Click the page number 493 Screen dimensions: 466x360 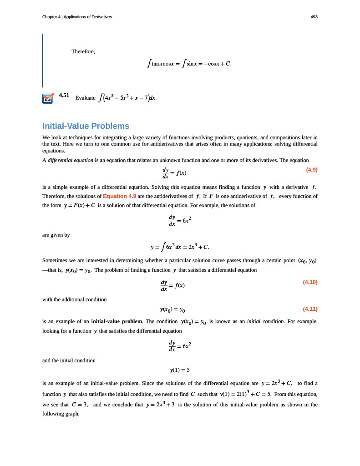click(x=314, y=17)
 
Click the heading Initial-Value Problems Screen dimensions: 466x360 click(x=86, y=126)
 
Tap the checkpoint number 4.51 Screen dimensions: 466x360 click(x=64, y=95)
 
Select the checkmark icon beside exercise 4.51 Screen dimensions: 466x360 click(x=48, y=98)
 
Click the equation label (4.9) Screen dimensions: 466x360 click(x=311, y=170)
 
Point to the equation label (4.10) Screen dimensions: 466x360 click(x=310, y=282)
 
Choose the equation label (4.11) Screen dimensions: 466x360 click(x=310, y=309)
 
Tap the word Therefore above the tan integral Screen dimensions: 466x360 click(x=83, y=51)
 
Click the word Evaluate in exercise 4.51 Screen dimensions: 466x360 click(x=85, y=98)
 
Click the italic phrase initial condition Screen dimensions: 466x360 click(x=265, y=321)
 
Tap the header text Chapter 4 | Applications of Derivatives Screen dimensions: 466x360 click(x=77, y=17)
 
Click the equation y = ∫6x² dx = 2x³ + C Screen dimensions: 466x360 click(x=180, y=247)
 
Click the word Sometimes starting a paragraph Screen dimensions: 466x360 click(x=56, y=260)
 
